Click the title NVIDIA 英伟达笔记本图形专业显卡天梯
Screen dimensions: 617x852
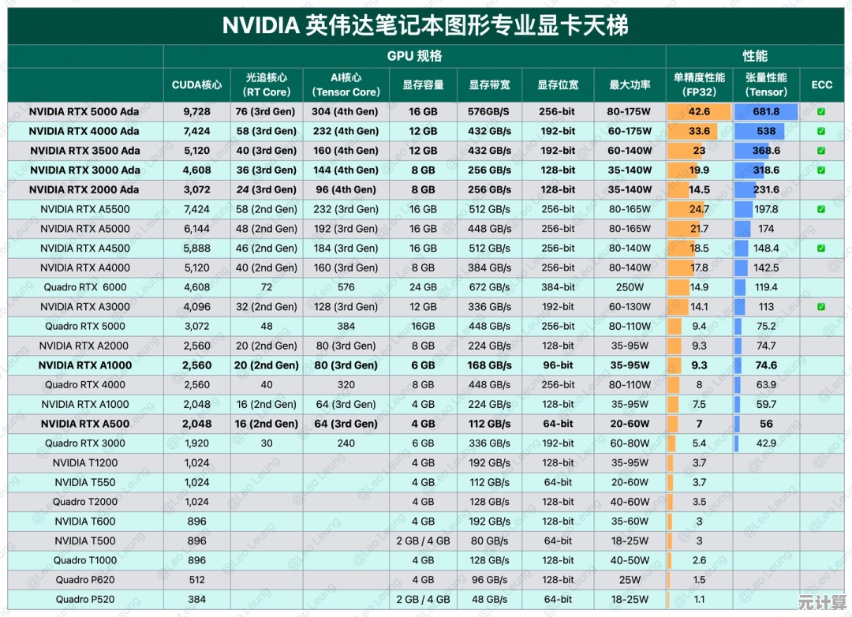click(425, 25)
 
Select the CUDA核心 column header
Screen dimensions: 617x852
click(196, 84)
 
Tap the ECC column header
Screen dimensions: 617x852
click(821, 84)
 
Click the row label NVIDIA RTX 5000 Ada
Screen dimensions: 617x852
click(84, 112)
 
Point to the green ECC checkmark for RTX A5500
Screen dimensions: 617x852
click(821, 209)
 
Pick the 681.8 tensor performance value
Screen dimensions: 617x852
click(765, 112)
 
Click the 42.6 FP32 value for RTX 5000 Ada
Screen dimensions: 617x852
click(699, 112)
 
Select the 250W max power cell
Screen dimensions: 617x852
click(630, 287)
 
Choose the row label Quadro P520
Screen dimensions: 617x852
click(85, 599)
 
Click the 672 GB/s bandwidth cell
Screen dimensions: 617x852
click(489, 287)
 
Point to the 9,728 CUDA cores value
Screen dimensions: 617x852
click(196, 112)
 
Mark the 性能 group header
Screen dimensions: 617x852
click(755, 56)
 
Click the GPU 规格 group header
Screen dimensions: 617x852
click(414, 56)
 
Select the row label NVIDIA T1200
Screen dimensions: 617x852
click(85, 463)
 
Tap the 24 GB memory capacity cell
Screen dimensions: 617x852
click(423, 287)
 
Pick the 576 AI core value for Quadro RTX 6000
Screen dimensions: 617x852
click(346, 287)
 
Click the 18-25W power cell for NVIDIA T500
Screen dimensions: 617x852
click(630, 540)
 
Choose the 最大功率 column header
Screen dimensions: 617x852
click(630, 84)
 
